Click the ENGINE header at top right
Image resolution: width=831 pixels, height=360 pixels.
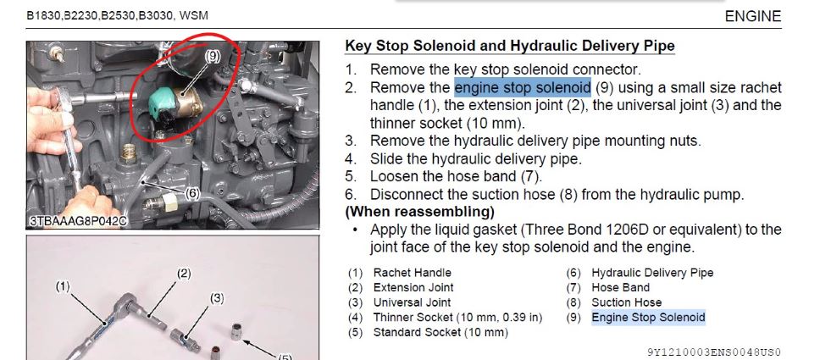tap(752, 16)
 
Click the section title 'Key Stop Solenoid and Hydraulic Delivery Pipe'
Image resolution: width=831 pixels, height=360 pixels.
tap(510, 46)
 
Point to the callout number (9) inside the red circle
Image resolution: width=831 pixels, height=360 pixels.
tap(212, 56)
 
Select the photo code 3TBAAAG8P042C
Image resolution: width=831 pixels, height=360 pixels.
tap(78, 221)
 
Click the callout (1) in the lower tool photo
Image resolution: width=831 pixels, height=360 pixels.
tap(63, 286)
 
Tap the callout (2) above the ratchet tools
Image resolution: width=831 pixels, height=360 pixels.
tap(183, 274)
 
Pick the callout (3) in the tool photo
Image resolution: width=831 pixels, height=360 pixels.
tap(217, 298)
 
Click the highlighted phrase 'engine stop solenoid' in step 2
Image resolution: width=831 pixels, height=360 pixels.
tap(523, 87)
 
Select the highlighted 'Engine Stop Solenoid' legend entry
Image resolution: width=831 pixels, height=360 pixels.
tap(648, 318)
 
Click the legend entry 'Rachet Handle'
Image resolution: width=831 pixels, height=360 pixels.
tap(413, 273)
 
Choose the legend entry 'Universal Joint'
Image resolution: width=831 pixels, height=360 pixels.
tap(412, 302)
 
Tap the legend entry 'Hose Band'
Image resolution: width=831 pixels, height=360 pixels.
tap(621, 287)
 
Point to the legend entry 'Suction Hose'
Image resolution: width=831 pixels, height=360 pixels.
tap(627, 302)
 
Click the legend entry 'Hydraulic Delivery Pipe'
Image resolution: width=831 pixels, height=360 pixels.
tap(652, 273)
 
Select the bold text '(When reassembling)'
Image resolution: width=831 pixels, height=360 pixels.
tap(420, 212)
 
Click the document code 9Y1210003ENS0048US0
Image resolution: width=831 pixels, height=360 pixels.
tap(714, 352)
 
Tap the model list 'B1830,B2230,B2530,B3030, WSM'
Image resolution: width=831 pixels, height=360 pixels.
tap(117, 16)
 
